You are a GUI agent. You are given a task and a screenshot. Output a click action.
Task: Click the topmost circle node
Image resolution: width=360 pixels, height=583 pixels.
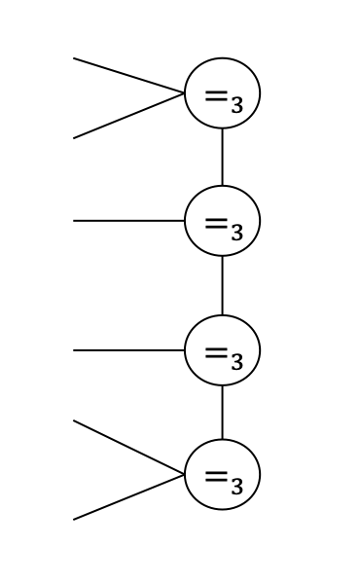(x=222, y=93)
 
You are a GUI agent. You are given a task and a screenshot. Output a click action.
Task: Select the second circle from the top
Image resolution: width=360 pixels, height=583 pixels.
(x=222, y=221)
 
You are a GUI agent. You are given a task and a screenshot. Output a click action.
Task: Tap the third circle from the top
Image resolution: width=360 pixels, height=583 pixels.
(x=222, y=349)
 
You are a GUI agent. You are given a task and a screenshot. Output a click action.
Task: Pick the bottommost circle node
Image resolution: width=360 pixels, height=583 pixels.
(x=222, y=475)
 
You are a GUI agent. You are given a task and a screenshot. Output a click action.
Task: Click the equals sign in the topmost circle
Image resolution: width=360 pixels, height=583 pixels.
(x=216, y=95)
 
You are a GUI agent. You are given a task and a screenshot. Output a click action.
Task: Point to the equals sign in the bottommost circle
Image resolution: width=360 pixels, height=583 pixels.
(x=216, y=476)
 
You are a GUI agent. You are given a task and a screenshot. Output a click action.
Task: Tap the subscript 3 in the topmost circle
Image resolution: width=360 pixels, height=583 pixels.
(x=236, y=105)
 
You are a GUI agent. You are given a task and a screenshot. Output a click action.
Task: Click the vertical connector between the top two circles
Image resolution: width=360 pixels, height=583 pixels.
(x=222, y=157)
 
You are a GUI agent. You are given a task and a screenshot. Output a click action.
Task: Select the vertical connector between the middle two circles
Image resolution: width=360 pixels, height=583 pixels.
(x=222, y=285)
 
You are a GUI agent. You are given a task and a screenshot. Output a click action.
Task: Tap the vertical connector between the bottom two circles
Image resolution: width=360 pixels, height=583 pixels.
(x=222, y=413)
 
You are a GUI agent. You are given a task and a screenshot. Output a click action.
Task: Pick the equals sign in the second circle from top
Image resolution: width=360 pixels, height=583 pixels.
(x=216, y=222)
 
